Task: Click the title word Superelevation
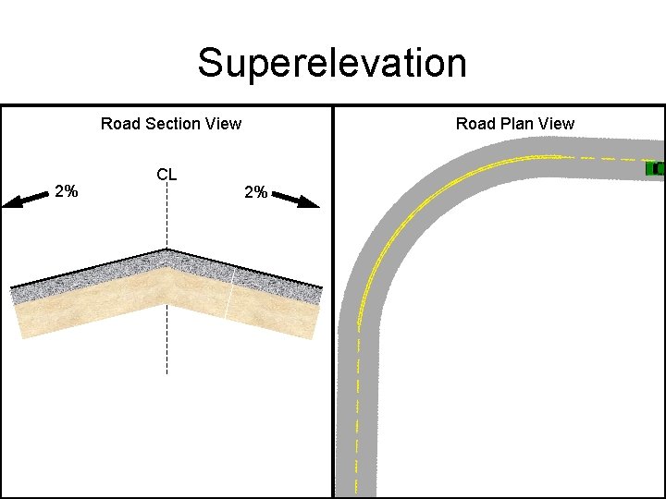pyautogui.click(x=332, y=64)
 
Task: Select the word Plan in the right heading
pyautogui.click(x=515, y=124)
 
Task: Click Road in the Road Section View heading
pyautogui.click(x=118, y=124)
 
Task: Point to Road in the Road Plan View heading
pyautogui.click(x=474, y=124)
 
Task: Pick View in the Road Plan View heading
pyautogui.click(x=555, y=124)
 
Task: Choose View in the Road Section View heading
pyautogui.click(x=222, y=124)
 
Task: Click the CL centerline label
pyautogui.click(x=166, y=175)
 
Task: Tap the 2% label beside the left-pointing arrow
pyautogui.click(x=66, y=192)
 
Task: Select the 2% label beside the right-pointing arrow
pyautogui.click(x=255, y=193)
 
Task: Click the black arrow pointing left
pyautogui.click(x=25, y=200)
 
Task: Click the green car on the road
pyautogui.click(x=655, y=168)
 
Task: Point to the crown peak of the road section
pyautogui.click(x=166, y=249)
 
